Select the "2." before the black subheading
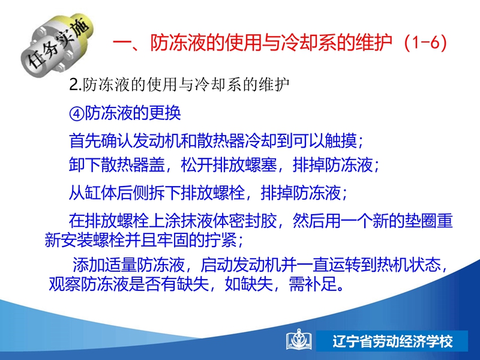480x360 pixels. [76, 85]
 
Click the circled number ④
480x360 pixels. [77, 113]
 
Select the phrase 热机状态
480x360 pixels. [409, 265]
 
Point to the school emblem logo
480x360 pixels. [299, 339]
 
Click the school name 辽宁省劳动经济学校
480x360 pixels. [392, 341]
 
